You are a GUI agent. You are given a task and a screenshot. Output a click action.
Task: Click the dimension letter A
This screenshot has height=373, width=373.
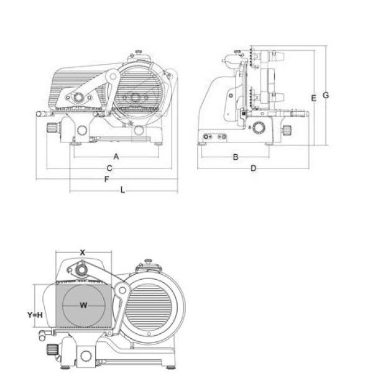point(116,157)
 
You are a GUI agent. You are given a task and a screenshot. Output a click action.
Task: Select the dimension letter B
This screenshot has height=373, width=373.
point(235,157)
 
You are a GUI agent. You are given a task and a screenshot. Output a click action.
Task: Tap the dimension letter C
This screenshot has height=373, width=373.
point(109,168)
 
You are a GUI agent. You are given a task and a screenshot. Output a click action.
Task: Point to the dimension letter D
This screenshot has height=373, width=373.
point(254,168)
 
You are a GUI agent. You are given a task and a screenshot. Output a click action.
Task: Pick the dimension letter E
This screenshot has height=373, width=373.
point(314,98)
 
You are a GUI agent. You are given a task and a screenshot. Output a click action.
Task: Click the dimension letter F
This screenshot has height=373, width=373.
point(106,179)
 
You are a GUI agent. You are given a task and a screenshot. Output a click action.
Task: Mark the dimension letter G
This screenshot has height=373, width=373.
point(326,95)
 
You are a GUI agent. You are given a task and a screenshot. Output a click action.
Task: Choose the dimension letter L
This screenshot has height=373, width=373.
point(122,190)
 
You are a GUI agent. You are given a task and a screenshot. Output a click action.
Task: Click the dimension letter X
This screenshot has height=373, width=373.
point(82,252)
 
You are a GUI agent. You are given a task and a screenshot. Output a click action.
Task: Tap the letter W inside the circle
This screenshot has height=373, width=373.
point(83,305)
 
